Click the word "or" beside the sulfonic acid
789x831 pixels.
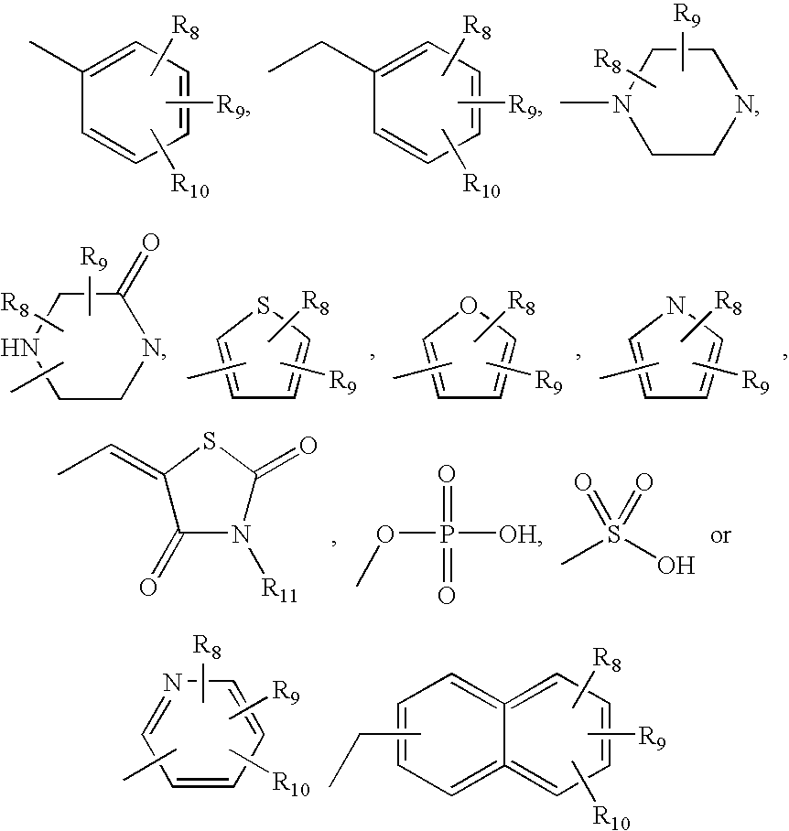pos(720,535)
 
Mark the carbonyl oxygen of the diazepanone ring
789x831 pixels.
pos(151,244)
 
